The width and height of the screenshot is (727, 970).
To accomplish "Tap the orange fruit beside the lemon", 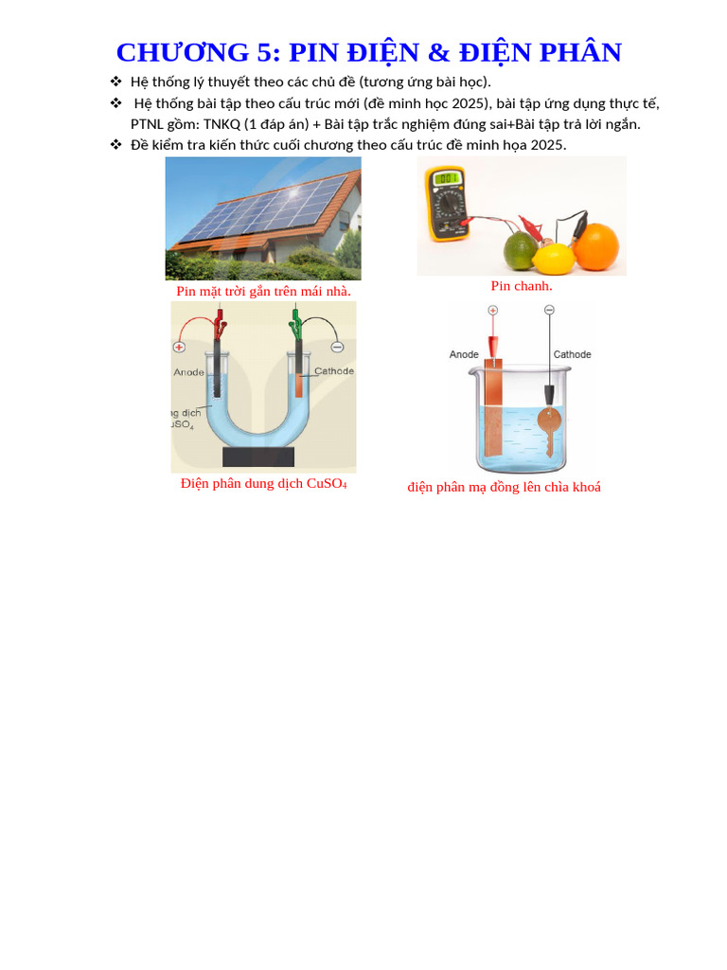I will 596,247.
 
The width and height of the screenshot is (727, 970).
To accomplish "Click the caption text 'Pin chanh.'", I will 522,286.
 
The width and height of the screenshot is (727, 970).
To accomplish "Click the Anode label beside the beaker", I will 464,354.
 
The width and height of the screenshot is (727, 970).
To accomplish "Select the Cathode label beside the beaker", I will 572,354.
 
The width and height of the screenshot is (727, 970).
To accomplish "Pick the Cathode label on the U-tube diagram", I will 334,371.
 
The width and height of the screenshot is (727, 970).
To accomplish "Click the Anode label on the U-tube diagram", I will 188,372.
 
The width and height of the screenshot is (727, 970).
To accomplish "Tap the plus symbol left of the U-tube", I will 178,348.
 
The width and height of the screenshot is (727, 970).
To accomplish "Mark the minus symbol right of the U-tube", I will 338,347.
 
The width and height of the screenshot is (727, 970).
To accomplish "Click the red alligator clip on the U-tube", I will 220,325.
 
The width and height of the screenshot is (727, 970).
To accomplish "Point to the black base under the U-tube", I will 257,458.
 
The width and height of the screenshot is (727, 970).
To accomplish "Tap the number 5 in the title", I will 264,52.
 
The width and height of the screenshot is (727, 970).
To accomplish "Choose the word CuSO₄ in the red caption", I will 327,483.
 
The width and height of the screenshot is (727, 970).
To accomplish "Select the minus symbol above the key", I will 549,310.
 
